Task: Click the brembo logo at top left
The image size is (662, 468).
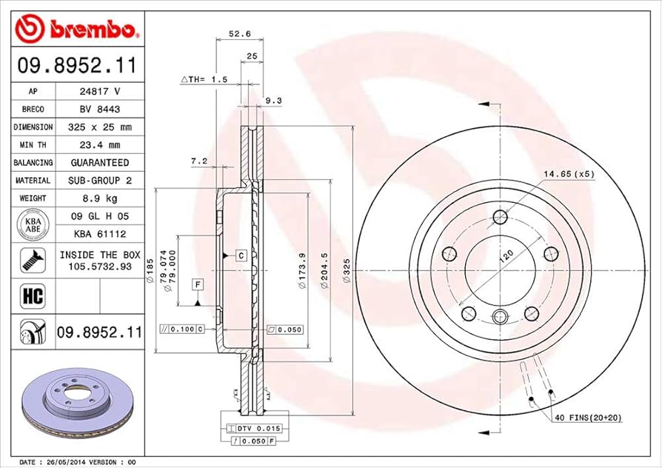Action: [77, 29]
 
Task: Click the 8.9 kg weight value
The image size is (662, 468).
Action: [99, 198]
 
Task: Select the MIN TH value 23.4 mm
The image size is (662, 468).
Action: [99, 144]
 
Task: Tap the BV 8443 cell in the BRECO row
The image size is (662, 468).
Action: [99, 109]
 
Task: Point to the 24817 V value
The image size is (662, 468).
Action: [99, 91]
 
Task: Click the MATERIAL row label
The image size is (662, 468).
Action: [32, 180]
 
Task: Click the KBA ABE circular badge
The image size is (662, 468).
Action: [32, 225]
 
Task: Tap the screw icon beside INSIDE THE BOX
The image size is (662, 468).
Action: [32, 259]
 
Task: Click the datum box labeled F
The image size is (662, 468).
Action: [198, 284]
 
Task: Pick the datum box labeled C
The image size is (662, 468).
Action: [241, 255]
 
